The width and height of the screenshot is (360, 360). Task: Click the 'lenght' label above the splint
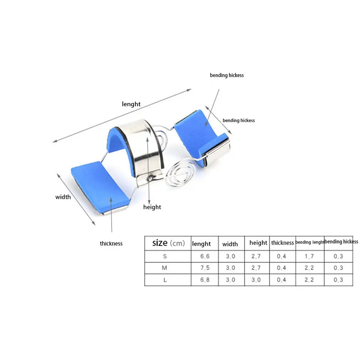click(x=131, y=104)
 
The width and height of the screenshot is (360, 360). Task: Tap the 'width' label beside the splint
click(x=63, y=197)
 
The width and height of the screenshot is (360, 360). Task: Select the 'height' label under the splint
click(x=152, y=207)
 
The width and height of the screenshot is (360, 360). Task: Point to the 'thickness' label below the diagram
click(x=111, y=243)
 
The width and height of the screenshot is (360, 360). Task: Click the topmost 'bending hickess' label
click(x=227, y=75)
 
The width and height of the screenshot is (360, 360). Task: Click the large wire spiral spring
click(x=180, y=172)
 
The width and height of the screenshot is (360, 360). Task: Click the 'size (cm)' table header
click(x=169, y=243)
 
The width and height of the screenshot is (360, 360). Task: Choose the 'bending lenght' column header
click(x=310, y=242)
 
